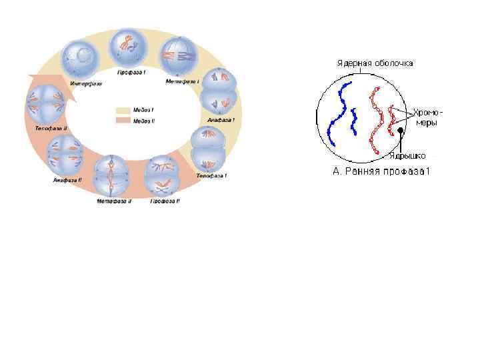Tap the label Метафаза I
click(x=183, y=81)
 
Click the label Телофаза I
click(x=211, y=176)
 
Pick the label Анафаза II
click(x=67, y=181)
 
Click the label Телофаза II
click(x=51, y=127)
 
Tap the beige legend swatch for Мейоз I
click(x=123, y=110)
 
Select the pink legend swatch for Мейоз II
click(x=123, y=121)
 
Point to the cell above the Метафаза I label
click(x=180, y=55)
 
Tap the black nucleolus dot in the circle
click(x=401, y=132)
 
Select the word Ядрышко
click(x=408, y=157)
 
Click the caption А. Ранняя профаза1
click(x=382, y=172)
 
